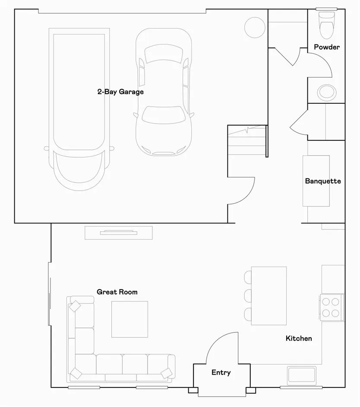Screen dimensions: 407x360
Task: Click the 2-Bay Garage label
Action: click(x=120, y=92)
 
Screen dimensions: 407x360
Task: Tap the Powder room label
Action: click(x=326, y=47)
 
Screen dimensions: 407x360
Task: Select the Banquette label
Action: click(x=323, y=181)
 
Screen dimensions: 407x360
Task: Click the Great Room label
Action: click(x=117, y=292)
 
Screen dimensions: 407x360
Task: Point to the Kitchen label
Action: click(x=299, y=338)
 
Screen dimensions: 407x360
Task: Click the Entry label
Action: click(x=221, y=372)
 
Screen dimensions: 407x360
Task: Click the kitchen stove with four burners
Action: click(x=332, y=307)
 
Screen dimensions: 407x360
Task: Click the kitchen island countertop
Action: click(x=269, y=296)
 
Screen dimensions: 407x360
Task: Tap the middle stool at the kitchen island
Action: click(x=248, y=296)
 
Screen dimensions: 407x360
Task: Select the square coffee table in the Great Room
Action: click(x=129, y=319)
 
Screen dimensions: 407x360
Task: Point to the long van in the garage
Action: click(x=79, y=108)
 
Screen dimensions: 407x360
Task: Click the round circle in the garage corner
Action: click(x=255, y=27)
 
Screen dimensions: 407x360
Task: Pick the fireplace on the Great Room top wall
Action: click(x=119, y=232)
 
